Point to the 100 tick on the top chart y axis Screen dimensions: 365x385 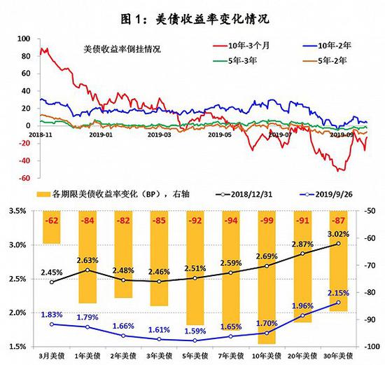(x=24, y=39)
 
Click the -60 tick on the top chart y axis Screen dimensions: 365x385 (x=24, y=178)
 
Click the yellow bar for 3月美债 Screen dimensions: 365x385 (x=50, y=227)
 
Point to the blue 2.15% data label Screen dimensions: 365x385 (x=339, y=293)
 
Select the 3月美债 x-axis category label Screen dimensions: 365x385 (x=50, y=357)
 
